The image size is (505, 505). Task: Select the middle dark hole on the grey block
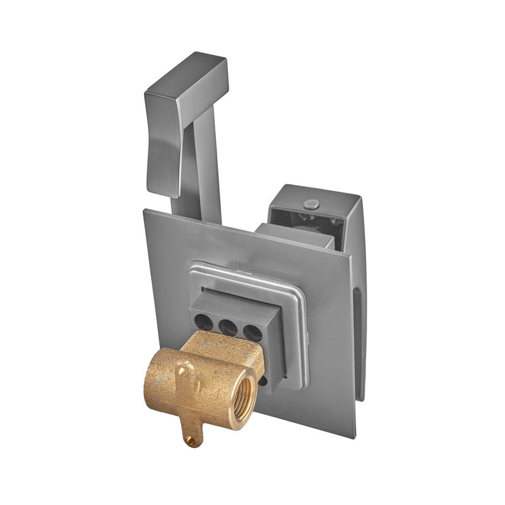point(229,327)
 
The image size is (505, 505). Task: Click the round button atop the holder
point(311,204)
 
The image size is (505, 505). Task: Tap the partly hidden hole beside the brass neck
point(263,379)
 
